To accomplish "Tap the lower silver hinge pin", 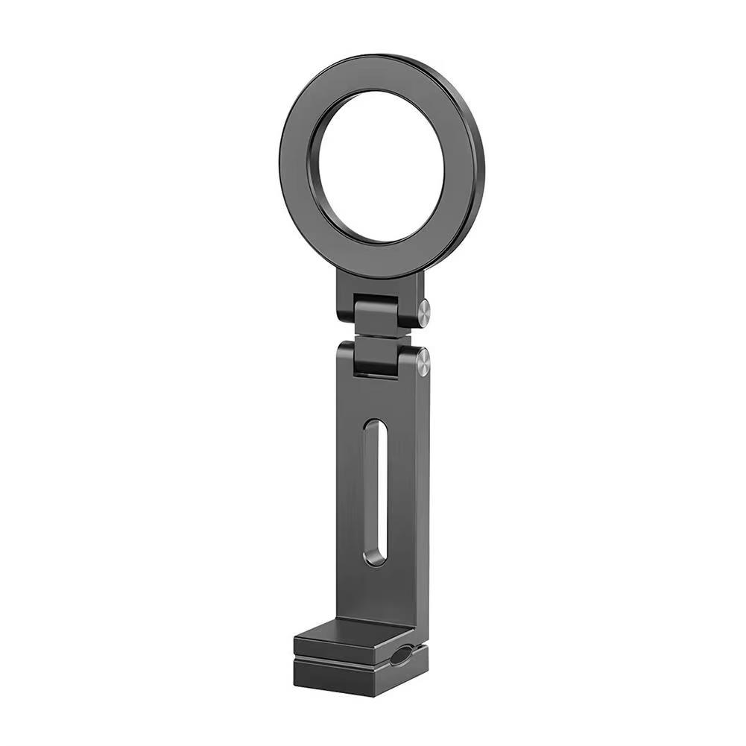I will point(422,362).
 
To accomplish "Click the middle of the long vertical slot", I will point(375,492).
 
